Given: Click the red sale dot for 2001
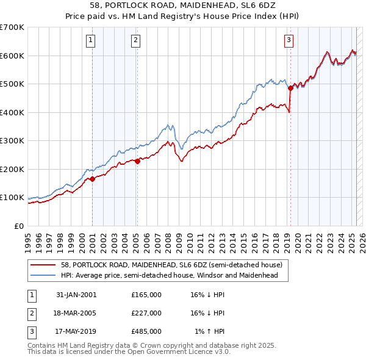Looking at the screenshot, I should click(x=93, y=179).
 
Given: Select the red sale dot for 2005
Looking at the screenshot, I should click(x=138, y=161).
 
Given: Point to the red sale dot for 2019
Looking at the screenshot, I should click(x=291, y=88).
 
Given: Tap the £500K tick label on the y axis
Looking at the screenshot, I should click(x=12, y=84).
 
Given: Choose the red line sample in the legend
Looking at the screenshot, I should click(x=43, y=265).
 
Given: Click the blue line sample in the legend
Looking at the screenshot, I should click(x=43, y=275).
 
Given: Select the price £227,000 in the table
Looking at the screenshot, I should click(x=146, y=313).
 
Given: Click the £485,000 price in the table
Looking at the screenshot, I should click(x=146, y=332).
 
